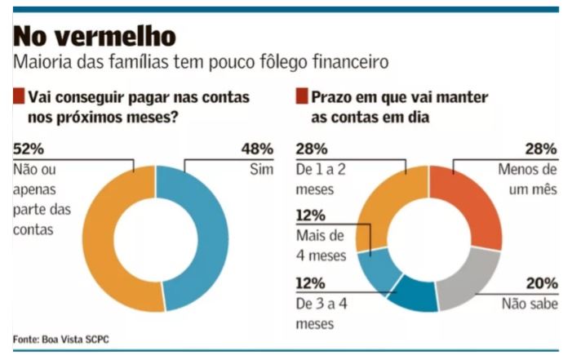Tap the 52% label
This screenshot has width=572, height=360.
[30, 149]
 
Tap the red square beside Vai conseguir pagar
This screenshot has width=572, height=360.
[19, 97]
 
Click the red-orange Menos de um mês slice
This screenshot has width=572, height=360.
[477, 204]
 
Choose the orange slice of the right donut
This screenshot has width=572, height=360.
[384, 204]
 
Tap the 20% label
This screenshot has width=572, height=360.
[541, 283]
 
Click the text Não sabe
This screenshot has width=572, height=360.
[530, 304]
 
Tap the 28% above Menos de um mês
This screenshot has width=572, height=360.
[541, 149]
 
